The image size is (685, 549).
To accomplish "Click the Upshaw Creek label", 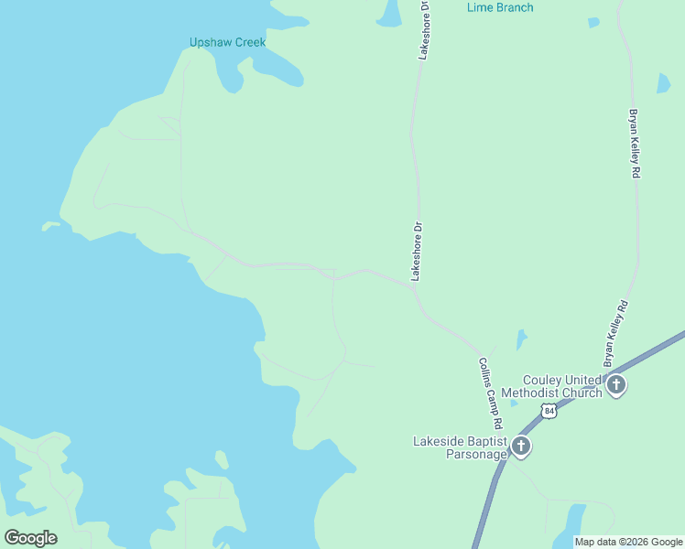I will pyautogui.click(x=227, y=42).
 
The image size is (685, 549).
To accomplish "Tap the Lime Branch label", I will pyautogui.click(x=500, y=7).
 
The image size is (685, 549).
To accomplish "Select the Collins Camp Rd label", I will pyautogui.click(x=492, y=393).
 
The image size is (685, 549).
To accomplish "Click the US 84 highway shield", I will pyautogui.click(x=548, y=412).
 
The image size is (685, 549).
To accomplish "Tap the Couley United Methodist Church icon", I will pyautogui.click(x=616, y=385).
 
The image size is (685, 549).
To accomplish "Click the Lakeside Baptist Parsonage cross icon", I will pyautogui.click(x=521, y=447).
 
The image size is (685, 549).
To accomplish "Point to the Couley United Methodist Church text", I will pyautogui.click(x=562, y=386).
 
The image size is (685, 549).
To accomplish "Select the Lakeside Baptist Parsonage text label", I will pyautogui.click(x=459, y=447).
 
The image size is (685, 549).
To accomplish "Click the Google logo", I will pyautogui.click(x=31, y=537).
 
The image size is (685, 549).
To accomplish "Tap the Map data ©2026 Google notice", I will pyautogui.click(x=628, y=542).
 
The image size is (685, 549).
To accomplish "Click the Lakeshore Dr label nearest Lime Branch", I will pyautogui.click(x=424, y=29).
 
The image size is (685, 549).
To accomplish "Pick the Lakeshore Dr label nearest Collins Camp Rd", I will pyautogui.click(x=415, y=250).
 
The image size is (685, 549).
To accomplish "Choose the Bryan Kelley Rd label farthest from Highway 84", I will pyautogui.click(x=633, y=145).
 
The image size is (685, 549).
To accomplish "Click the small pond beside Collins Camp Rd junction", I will pyautogui.click(x=521, y=340).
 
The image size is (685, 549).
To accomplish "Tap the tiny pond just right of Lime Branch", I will pyautogui.click(x=593, y=23).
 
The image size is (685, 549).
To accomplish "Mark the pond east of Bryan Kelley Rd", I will pyautogui.click(x=663, y=82).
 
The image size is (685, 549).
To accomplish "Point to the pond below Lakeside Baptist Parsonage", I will pyautogui.click(x=572, y=522).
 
